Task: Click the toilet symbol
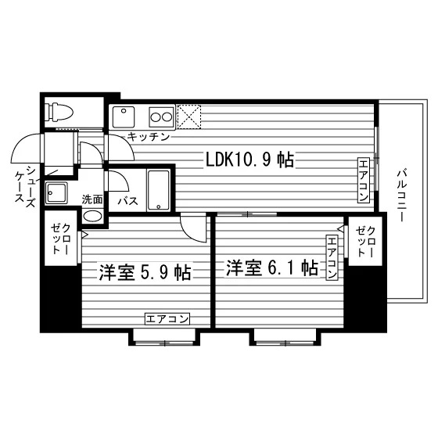click(x=60, y=113)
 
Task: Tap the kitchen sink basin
click(x=124, y=117)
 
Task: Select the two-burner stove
click(x=161, y=117)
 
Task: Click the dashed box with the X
click(x=189, y=117)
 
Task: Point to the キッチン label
click(x=149, y=137)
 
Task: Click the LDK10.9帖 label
click(x=250, y=160)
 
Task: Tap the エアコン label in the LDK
click(x=364, y=180)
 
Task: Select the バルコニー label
click(x=402, y=195)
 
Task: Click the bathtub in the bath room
click(x=158, y=190)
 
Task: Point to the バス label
click(x=127, y=201)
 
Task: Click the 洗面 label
click(x=92, y=199)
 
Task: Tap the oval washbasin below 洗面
click(x=92, y=216)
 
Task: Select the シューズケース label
click(x=25, y=185)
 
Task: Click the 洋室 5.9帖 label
click(x=145, y=272)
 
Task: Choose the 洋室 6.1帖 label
click(x=272, y=267)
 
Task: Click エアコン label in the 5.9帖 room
click(x=167, y=319)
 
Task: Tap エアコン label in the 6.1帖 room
click(x=332, y=257)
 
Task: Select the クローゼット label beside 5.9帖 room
click(x=60, y=239)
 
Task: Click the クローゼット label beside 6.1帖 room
click(x=365, y=242)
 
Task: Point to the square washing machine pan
click(x=56, y=192)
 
